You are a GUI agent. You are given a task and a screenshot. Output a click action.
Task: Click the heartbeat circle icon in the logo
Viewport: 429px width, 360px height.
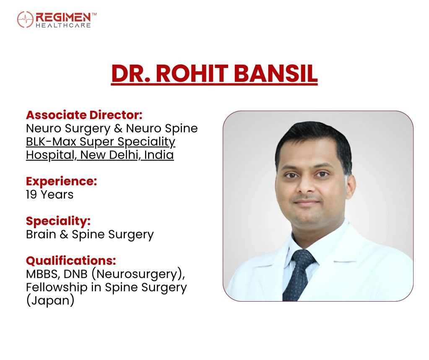tap(25, 19)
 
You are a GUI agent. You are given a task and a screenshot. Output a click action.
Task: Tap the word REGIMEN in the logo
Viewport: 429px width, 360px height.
tap(63, 17)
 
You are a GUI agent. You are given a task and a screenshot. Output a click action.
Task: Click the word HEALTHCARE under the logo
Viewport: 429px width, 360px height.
tap(63, 25)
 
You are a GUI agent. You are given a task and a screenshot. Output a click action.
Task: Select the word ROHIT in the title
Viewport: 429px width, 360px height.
tap(192, 73)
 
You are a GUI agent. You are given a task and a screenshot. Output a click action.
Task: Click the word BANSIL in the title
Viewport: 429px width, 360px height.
tap(276, 73)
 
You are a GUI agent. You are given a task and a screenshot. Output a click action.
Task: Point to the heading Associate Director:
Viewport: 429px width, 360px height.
tap(84, 115)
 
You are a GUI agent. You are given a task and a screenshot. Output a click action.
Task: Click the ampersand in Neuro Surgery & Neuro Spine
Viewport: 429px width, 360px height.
tap(118, 128)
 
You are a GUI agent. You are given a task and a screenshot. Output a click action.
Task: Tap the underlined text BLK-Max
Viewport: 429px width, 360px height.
tap(51, 141)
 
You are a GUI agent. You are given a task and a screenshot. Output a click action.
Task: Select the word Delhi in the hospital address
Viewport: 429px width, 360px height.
tap(125, 155)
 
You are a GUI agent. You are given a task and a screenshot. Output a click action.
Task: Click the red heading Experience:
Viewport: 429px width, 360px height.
tap(62, 182)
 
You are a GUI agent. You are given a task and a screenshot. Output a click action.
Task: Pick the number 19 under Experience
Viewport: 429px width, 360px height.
tap(31, 195)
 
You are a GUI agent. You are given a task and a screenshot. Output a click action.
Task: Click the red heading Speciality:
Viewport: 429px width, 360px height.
tap(58, 221)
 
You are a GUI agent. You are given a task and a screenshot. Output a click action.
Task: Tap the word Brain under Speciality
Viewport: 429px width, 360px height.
tap(41, 235)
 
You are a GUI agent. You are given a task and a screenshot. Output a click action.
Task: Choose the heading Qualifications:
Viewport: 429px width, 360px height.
tap(71, 261)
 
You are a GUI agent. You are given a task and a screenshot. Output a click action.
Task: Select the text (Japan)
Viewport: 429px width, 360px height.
tap(50, 300)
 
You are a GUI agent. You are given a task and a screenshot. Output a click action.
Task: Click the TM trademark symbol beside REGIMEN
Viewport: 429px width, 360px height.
tap(94, 14)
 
